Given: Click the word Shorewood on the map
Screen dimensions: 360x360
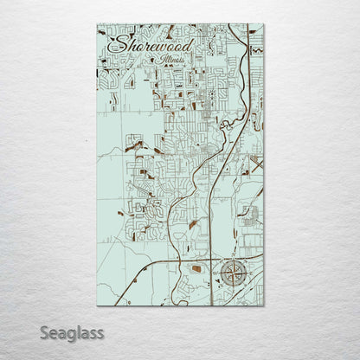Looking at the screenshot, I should point(155,44).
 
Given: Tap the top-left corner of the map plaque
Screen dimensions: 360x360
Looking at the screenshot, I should point(97,24).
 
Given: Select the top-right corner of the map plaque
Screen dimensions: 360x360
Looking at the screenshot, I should point(265,24).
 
